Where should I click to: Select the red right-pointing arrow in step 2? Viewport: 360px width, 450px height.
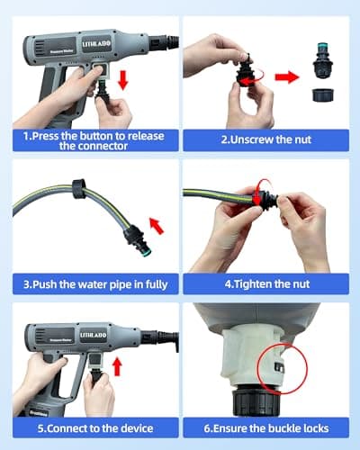[287, 76]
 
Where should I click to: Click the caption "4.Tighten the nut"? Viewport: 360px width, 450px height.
[265, 285]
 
